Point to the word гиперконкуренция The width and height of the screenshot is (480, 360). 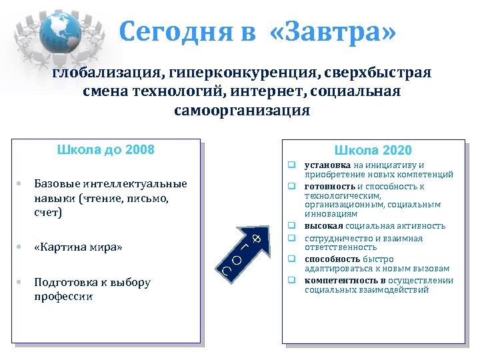[x=224, y=72]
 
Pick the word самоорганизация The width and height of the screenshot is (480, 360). [x=242, y=109]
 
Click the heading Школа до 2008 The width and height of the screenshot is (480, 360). [x=106, y=149]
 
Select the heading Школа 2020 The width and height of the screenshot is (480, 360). [x=373, y=150]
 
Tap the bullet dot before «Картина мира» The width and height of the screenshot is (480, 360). [x=21, y=248]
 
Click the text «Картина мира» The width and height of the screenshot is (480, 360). [x=78, y=248]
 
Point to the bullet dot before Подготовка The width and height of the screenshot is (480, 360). [x=21, y=283]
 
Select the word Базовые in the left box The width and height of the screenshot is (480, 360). [x=55, y=184]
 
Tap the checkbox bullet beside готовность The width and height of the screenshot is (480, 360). [x=292, y=186]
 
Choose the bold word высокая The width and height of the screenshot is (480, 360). [x=323, y=226]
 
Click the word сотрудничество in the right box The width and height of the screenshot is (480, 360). [x=339, y=238]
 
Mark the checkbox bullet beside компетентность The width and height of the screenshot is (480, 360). [x=292, y=280]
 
